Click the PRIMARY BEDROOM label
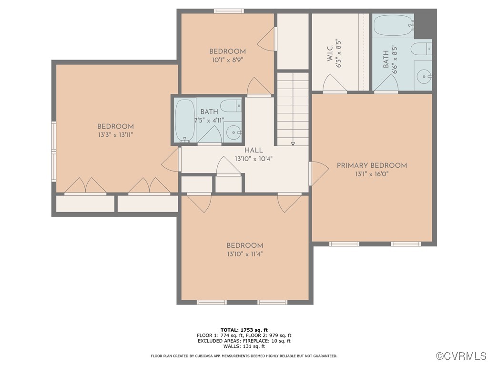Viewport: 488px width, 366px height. click(372, 165)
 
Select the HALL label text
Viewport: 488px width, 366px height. click(254, 150)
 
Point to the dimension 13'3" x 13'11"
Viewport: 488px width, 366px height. click(115, 135)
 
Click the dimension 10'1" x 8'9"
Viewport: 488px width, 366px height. click(227, 60)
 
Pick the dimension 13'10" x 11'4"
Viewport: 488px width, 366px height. click(244, 254)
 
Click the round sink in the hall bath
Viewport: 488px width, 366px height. click(233, 132)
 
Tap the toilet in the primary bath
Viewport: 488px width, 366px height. click(422, 48)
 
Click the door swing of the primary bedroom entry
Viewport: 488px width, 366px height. click(319, 173)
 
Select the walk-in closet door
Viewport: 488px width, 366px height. click(335, 84)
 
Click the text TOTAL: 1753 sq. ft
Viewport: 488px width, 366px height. click(244, 330)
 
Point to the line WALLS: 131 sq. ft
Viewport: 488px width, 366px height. click(244, 346)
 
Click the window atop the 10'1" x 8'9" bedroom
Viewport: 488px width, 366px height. click(229, 11)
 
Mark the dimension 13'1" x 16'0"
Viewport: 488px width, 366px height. click(372, 174)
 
